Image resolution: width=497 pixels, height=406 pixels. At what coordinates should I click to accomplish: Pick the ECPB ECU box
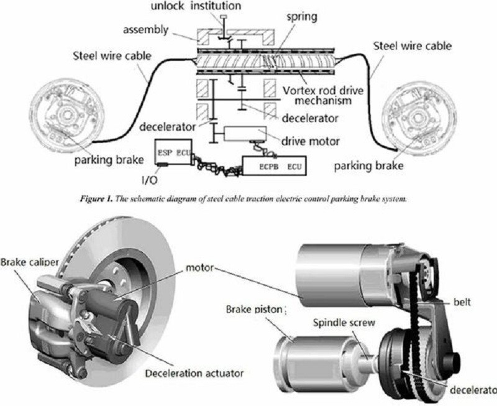coord(274,167)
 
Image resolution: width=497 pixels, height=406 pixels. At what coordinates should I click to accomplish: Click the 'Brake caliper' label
coord(29,262)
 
